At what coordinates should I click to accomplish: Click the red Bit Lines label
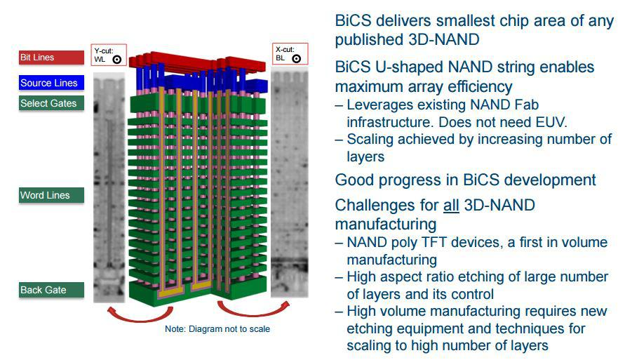pos(51,58)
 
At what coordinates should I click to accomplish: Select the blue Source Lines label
pos(51,83)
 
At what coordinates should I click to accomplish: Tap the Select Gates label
pos(51,103)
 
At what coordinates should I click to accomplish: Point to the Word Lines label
pos(51,195)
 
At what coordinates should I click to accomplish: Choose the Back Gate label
pos(51,290)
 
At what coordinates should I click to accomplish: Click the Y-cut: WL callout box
pos(109,55)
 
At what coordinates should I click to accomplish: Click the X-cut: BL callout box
pos(290,54)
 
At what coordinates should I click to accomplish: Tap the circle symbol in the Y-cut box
pos(117,60)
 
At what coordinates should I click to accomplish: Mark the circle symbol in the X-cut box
pos(296,58)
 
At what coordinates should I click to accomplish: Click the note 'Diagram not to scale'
pos(217,329)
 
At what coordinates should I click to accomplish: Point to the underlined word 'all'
pos(451,205)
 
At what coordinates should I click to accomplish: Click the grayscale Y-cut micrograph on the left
pos(109,187)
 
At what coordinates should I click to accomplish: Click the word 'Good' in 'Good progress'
pos(354,180)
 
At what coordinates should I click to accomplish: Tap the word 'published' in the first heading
pos(369,40)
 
